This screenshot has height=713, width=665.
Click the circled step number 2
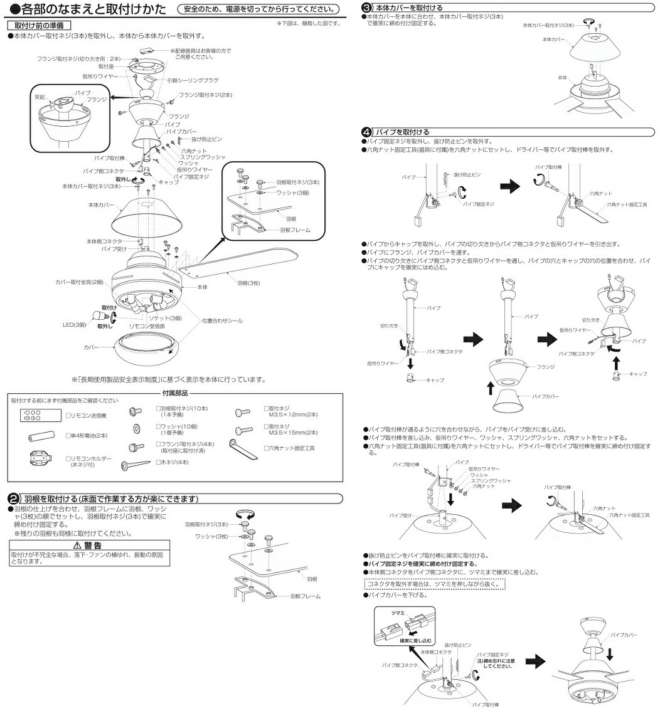tap(12, 499)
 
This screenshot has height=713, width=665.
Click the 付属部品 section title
tap(175, 393)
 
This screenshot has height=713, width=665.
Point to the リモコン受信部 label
tap(147, 327)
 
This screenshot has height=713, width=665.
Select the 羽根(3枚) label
tap(248, 283)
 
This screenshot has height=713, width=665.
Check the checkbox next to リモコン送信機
tap(68, 415)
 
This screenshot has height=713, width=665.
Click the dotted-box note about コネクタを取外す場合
tap(434, 584)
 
